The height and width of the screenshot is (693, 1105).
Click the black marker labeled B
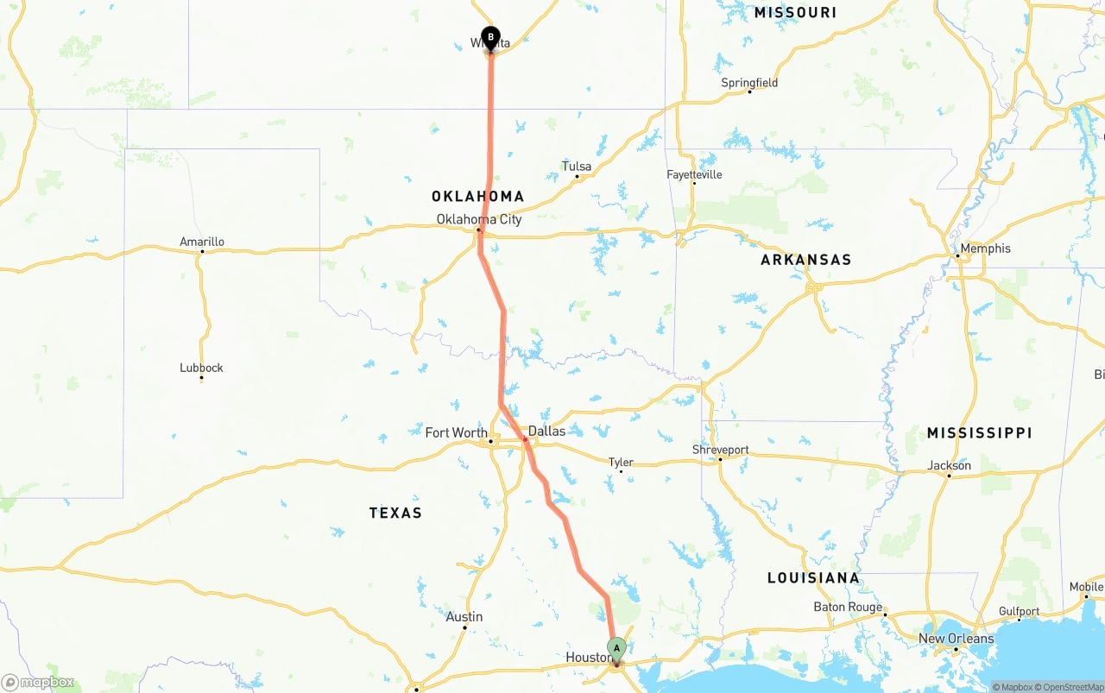(x=490, y=38)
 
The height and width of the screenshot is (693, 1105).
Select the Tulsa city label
(x=577, y=167)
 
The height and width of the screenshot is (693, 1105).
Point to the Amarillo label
(x=202, y=242)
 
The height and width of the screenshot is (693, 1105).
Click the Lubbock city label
(x=201, y=368)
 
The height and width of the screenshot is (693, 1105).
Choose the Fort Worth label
(x=456, y=432)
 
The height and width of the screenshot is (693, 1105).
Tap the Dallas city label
(x=546, y=431)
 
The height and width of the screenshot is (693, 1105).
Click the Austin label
(x=464, y=617)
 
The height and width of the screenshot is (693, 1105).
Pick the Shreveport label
(x=721, y=450)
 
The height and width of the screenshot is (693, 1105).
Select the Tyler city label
(x=621, y=463)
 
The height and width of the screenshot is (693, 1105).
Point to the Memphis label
(x=985, y=249)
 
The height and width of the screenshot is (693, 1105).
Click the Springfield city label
(x=749, y=83)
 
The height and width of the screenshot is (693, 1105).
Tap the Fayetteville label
(x=694, y=174)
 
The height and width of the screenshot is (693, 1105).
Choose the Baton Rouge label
(x=848, y=607)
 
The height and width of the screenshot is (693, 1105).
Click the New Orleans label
(x=956, y=639)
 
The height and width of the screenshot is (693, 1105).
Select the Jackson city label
(x=950, y=465)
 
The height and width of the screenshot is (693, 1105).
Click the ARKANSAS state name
(x=805, y=260)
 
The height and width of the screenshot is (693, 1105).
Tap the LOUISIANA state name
(x=813, y=577)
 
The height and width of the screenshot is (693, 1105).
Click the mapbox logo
(x=38, y=682)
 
